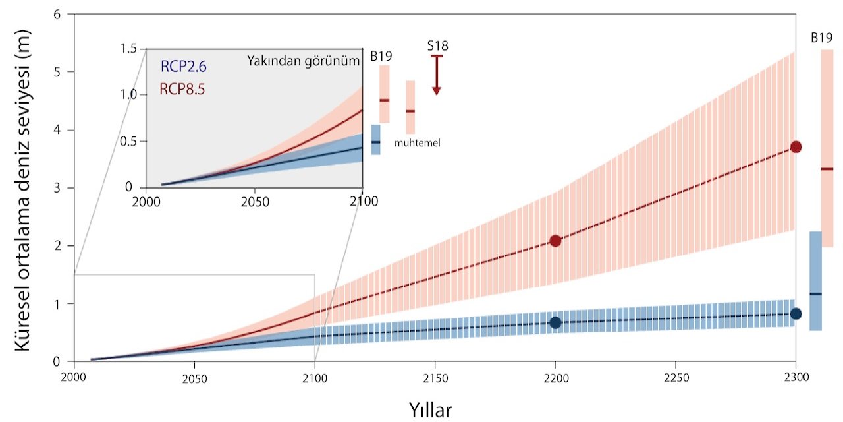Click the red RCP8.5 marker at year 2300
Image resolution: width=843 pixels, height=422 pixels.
[x=796, y=147]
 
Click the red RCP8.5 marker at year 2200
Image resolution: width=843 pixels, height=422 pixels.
[x=555, y=241]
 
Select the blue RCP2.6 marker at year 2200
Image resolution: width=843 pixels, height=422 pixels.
[x=555, y=322]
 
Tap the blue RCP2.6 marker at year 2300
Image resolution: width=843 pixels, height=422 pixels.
[x=796, y=314]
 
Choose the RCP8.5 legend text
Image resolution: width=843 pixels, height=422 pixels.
[x=182, y=88]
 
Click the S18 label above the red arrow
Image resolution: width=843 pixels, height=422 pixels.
[x=437, y=45]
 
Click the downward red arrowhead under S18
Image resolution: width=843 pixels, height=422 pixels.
[x=437, y=90]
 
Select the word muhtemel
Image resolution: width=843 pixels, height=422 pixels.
[x=418, y=142]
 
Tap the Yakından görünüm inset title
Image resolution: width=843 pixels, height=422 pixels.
[x=304, y=61]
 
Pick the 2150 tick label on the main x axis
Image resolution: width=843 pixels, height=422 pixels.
[x=435, y=379]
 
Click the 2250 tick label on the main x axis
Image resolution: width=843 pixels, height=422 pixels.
[x=676, y=379]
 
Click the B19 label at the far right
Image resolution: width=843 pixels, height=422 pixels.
[x=821, y=38]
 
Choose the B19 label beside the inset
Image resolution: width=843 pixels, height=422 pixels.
[x=381, y=57]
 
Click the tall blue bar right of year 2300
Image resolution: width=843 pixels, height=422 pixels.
[x=815, y=281]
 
